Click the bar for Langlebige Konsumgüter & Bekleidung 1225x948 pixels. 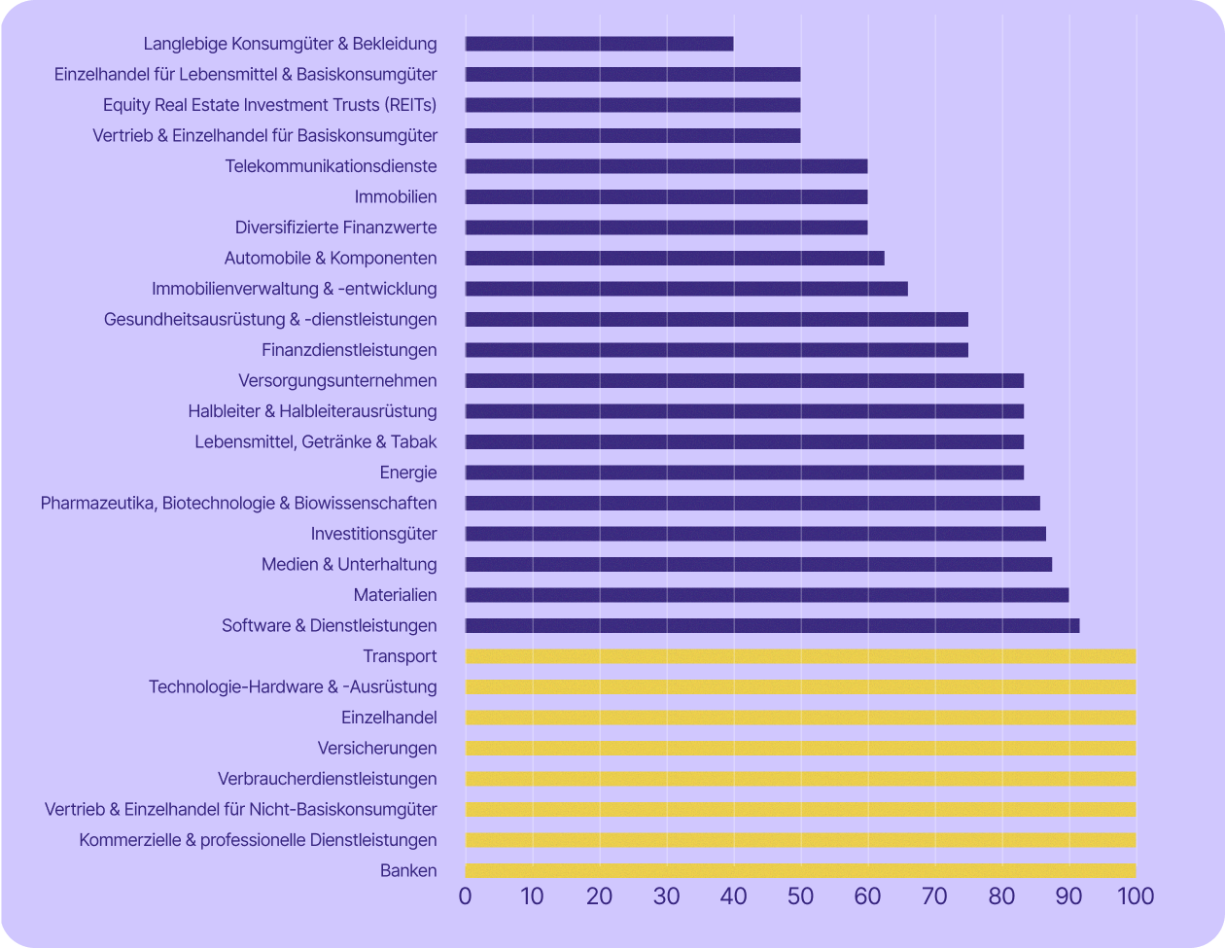click(x=599, y=44)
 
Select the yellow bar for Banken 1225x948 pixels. click(x=800, y=871)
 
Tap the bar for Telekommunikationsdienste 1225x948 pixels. click(x=666, y=166)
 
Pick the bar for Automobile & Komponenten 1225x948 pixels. click(x=675, y=259)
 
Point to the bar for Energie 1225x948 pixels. click(x=744, y=473)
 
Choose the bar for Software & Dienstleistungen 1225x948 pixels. click(x=772, y=626)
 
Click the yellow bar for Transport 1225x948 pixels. click(x=800, y=656)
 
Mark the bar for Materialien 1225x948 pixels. click(x=766, y=595)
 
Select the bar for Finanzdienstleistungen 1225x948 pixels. click(x=717, y=350)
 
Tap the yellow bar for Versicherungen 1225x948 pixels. click(x=800, y=749)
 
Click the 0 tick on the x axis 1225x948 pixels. click(x=466, y=895)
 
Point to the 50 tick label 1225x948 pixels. click(x=800, y=895)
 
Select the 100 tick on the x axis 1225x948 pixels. click(x=1135, y=895)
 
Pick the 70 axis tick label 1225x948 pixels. click(x=934, y=895)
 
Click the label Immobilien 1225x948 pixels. click(x=396, y=197)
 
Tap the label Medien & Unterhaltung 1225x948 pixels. click(x=349, y=565)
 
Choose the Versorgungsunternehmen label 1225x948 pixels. click(x=337, y=381)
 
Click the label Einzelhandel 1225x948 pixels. click(x=389, y=718)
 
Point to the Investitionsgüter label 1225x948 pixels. click(x=374, y=534)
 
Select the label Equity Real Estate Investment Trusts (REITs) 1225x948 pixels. click(x=270, y=105)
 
